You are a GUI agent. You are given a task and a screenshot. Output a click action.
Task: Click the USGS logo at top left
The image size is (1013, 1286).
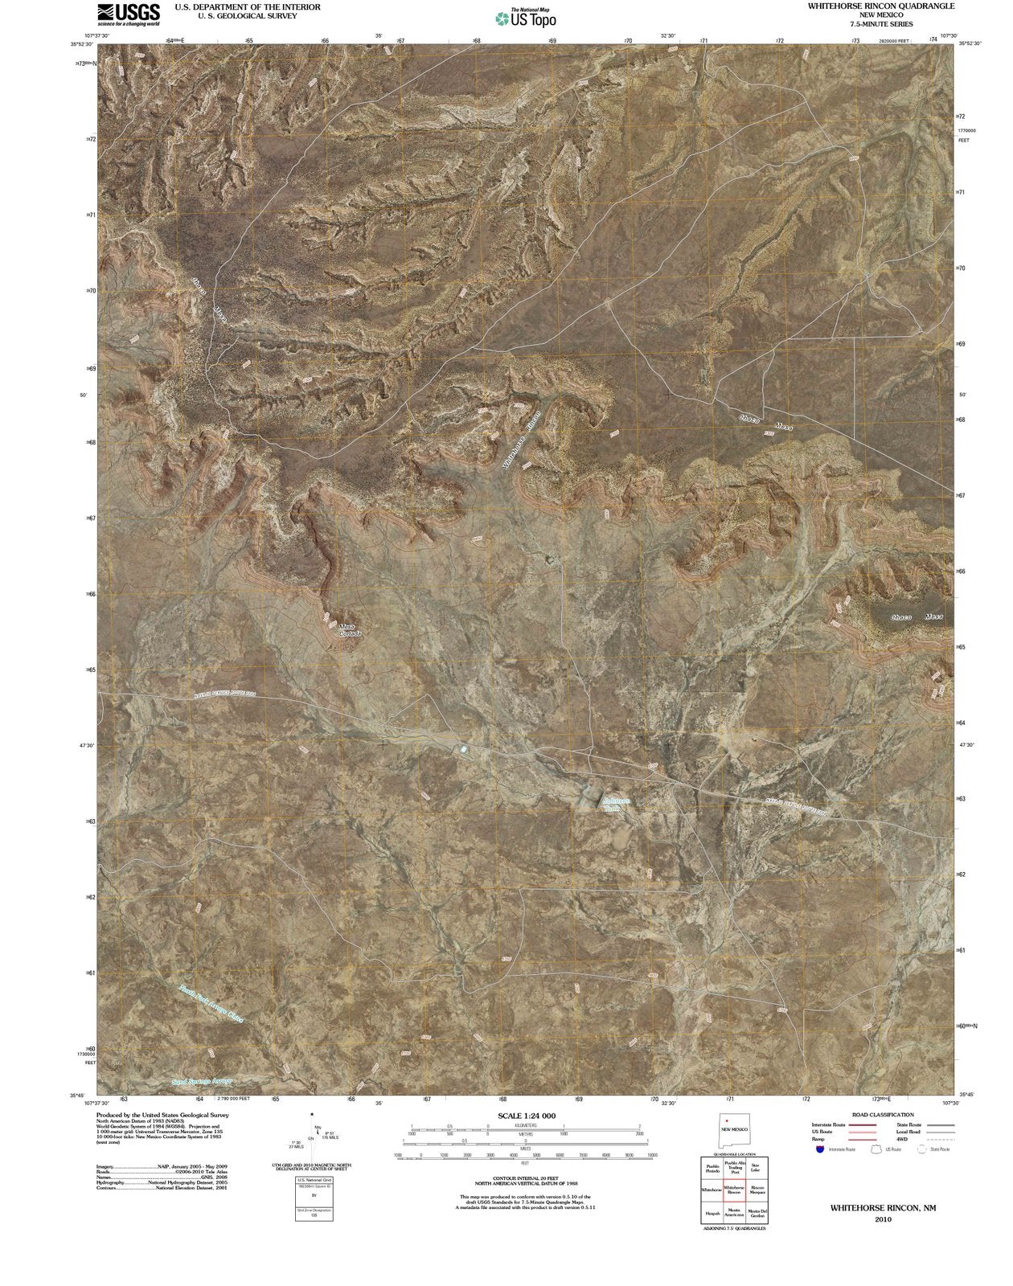click(128, 14)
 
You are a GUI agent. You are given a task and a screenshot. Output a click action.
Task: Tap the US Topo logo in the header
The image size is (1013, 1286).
click(526, 18)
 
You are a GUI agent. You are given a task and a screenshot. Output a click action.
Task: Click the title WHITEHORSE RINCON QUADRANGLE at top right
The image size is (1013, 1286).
click(881, 6)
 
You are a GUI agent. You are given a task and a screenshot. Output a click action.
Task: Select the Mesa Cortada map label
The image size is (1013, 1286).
click(350, 630)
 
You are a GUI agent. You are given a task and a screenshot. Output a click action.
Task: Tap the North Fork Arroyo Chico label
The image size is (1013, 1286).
click(211, 1004)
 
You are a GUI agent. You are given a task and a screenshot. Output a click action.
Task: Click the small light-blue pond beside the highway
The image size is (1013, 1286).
click(463, 749)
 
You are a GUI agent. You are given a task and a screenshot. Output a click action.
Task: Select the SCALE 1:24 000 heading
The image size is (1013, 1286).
click(527, 1116)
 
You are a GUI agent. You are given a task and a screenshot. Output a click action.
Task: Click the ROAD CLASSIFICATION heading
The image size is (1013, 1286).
click(882, 1115)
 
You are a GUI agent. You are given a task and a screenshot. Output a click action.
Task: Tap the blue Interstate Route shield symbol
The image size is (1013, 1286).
click(818, 1149)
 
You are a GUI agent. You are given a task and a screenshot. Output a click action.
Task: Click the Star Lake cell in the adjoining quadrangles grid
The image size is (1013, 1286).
click(754, 1167)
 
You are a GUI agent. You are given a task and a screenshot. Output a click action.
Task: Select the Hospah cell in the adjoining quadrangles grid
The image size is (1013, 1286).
click(712, 1214)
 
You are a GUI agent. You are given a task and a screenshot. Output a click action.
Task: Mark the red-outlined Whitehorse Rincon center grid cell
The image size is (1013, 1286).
click(733, 1190)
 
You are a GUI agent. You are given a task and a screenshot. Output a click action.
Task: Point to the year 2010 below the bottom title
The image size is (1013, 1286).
click(883, 1219)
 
